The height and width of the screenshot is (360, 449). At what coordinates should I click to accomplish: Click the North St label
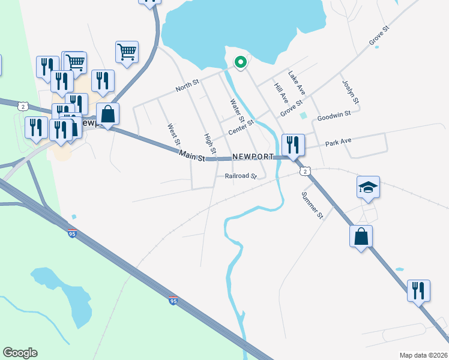[x=187, y=87]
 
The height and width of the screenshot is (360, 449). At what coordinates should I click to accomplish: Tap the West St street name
[x=173, y=136]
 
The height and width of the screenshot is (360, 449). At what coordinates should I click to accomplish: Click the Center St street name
[x=241, y=127]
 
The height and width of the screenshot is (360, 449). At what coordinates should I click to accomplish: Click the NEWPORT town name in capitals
[x=253, y=157]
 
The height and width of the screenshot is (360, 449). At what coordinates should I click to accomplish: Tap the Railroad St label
[x=241, y=176]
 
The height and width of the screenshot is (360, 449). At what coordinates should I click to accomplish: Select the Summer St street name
[x=312, y=205]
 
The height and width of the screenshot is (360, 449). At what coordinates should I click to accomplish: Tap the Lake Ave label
[x=297, y=83]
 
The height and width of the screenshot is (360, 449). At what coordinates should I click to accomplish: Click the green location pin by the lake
[x=240, y=62]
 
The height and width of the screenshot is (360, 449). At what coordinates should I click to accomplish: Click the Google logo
[x=20, y=353]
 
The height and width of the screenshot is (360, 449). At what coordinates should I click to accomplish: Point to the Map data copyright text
[x=423, y=355]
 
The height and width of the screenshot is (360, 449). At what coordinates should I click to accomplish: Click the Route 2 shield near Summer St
[x=306, y=171]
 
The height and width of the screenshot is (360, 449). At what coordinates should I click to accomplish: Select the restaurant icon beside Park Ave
[x=293, y=145]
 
